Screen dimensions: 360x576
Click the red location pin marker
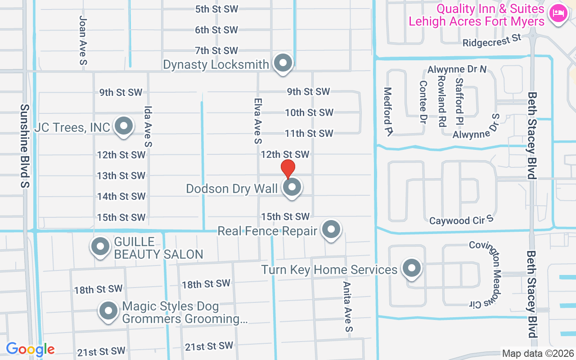coord(288,169)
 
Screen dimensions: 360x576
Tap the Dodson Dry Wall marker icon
coord(292,187)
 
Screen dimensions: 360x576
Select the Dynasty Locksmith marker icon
coord(283,63)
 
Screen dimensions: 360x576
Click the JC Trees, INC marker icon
coord(123,126)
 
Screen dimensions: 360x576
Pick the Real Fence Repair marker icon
coord(332,229)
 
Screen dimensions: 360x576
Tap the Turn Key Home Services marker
coord(411,269)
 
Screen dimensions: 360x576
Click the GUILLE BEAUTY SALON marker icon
coord(100,247)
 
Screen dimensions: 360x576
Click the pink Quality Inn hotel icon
coord(558,13)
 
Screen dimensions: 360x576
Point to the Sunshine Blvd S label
coord(25,146)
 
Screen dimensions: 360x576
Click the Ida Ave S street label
coord(148,126)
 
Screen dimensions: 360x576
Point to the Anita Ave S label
coord(347,306)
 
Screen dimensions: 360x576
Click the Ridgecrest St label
coord(492,41)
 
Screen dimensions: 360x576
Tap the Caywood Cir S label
coord(461,220)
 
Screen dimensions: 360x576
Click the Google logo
coord(30,349)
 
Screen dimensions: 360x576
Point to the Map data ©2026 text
coord(537,354)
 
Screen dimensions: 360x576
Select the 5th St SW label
coord(216,9)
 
